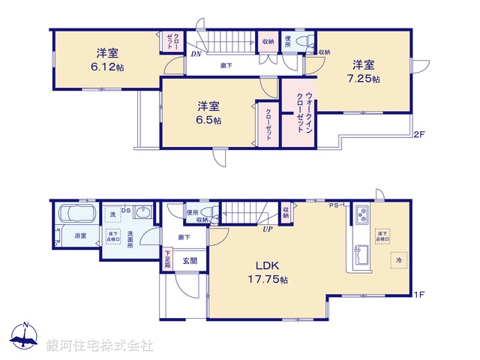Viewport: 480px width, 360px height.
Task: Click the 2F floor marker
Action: [x=419, y=136]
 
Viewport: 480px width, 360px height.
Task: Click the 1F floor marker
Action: [x=419, y=295]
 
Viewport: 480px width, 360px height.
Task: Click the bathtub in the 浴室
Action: [x=74, y=217]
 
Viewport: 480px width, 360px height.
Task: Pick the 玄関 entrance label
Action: [x=189, y=261]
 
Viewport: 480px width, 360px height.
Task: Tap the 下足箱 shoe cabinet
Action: [x=168, y=259]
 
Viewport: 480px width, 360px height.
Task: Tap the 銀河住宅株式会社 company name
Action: [x=99, y=346]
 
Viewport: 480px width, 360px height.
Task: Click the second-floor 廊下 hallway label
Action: [x=226, y=66]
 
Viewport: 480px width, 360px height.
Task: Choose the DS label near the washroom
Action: [x=126, y=211]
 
